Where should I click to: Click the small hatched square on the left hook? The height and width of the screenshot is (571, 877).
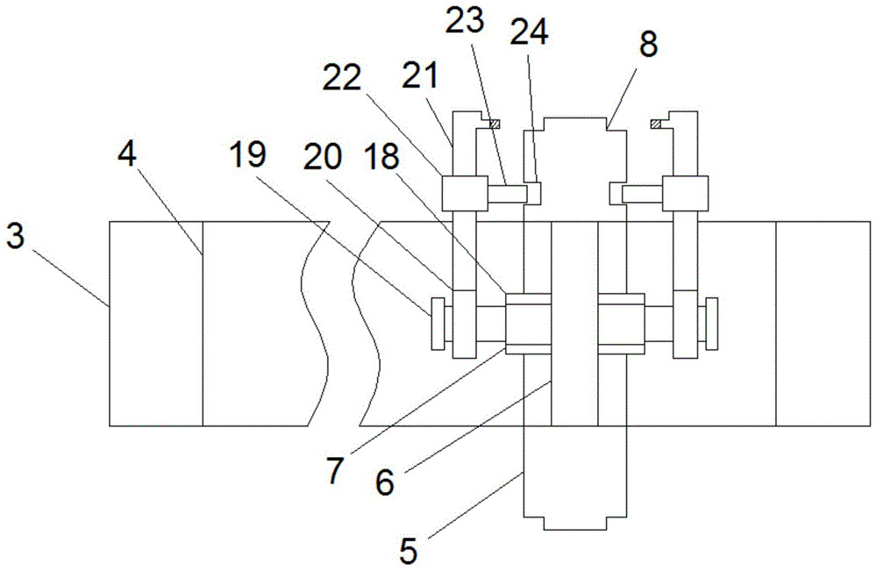click(494, 123)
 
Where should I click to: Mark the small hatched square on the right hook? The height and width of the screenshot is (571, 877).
click(656, 123)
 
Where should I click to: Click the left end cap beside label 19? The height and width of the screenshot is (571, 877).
click(437, 324)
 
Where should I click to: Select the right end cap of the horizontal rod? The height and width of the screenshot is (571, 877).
click(711, 322)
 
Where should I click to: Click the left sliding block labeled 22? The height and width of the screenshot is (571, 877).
click(465, 193)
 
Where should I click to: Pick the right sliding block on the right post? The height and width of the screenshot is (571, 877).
click(684, 193)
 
